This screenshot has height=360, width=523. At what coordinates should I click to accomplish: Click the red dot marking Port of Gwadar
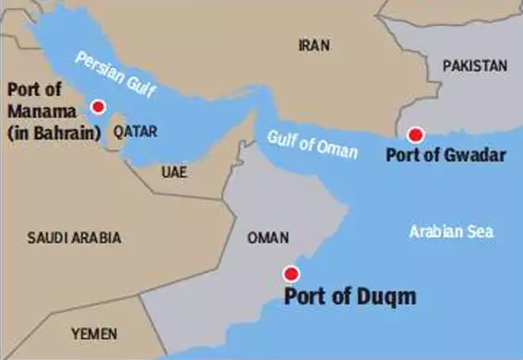(415, 135)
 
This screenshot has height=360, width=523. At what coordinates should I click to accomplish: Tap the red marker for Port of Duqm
(291, 273)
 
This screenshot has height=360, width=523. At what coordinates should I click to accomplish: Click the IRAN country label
(315, 44)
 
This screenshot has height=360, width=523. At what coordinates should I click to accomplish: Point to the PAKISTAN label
(475, 66)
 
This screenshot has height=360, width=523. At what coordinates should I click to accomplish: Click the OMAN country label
(268, 237)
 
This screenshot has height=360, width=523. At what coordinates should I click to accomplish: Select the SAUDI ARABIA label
(75, 237)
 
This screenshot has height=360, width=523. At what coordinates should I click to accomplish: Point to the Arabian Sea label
(451, 231)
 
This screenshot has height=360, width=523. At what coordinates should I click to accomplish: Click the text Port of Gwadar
(447, 156)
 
